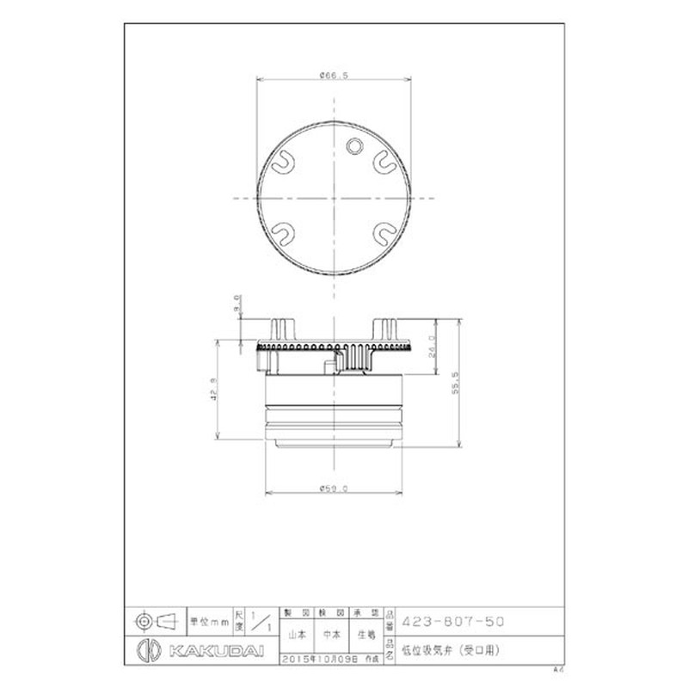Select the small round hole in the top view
pyautogui.click(x=352, y=147)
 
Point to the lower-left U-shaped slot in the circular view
pyautogui.click(x=283, y=230)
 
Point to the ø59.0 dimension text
pyautogui.click(x=333, y=488)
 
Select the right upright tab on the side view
pyautogui.click(x=384, y=329)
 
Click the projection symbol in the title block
pyautogui.click(x=154, y=619)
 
